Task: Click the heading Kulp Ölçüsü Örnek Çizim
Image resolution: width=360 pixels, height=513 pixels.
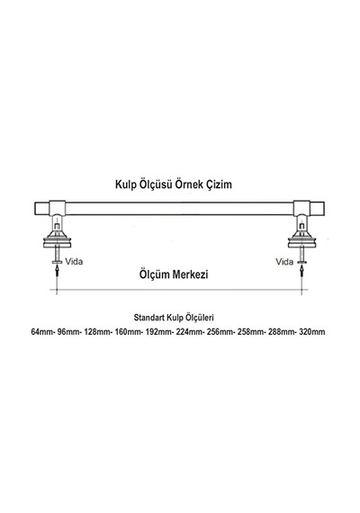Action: [x=174, y=184]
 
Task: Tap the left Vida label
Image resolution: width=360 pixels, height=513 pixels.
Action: [x=74, y=261]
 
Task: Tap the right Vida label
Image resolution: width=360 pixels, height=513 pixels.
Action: [x=284, y=262]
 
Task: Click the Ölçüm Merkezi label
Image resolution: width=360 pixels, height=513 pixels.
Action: [x=174, y=274]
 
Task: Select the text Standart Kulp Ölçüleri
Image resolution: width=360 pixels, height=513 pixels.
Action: [x=174, y=318]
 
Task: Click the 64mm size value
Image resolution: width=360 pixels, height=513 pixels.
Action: [x=41, y=332]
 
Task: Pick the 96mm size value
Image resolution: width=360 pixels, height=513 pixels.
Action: [x=68, y=332]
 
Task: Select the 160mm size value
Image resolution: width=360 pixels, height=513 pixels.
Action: [x=128, y=332]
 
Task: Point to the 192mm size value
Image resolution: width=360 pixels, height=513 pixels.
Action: [x=158, y=332]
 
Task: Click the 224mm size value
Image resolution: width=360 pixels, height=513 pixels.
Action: [x=190, y=332]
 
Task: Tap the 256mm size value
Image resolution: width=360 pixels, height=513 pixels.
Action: [x=220, y=332]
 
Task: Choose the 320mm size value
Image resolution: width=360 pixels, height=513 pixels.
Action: [x=312, y=332]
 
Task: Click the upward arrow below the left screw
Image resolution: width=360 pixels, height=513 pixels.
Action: [x=58, y=272]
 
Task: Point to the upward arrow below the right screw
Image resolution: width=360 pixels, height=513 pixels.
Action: [x=301, y=272]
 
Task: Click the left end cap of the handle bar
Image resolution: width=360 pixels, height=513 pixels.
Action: [x=42, y=209]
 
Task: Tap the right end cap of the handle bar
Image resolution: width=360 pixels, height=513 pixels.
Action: [x=317, y=209]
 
